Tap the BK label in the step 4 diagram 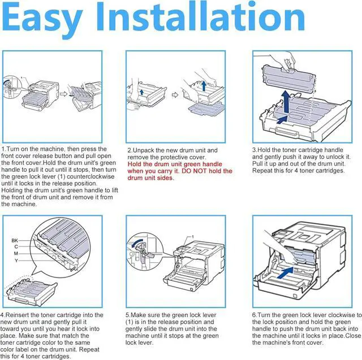pyautogui.click(x=15, y=241)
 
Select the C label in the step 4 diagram pyautogui.click(x=16, y=247)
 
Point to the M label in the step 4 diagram pyautogui.click(x=16, y=253)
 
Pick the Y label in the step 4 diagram pyautogui.click(x=16, y=261)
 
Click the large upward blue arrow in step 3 pyautogui.click(x=286, y=102)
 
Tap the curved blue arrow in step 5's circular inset pyautogui.click(x=137, y=243)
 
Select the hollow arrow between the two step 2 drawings pyautogui.click(x=175, y=95)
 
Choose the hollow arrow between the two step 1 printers pyautogui.click(x=63, y=94)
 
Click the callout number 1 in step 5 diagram pyautogui.click(x=193, y=237)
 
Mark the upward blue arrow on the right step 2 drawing pyautogui.click(x=204, y=85)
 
